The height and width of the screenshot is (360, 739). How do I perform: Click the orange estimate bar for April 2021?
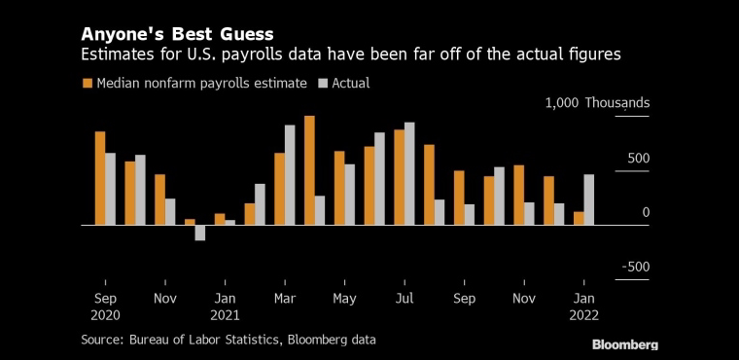309,170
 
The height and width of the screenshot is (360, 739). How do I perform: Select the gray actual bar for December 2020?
200,233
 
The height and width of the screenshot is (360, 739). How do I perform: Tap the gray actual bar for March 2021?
290,175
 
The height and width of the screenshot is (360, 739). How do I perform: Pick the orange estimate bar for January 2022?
579,219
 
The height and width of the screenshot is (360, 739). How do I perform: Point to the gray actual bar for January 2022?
588,199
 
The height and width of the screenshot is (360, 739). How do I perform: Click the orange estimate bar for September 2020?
100,178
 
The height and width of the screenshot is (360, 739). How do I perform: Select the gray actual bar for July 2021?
409,173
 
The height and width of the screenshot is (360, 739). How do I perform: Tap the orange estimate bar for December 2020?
190,222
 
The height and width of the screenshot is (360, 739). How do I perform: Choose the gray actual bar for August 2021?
440,212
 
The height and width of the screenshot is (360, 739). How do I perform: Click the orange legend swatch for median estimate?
88,84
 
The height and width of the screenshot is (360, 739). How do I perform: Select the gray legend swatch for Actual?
323,84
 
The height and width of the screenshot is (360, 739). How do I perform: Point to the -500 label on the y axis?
636,267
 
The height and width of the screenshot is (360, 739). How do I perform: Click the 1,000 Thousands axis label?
598,103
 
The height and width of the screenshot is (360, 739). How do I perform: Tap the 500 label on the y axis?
638,158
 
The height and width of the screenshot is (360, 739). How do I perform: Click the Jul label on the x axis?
405,299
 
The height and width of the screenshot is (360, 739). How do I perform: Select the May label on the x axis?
344,299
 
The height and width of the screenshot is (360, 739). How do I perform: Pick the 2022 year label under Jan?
584,315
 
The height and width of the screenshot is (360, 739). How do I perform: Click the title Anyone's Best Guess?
177,34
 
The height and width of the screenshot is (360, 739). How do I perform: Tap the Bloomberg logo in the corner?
625,344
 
